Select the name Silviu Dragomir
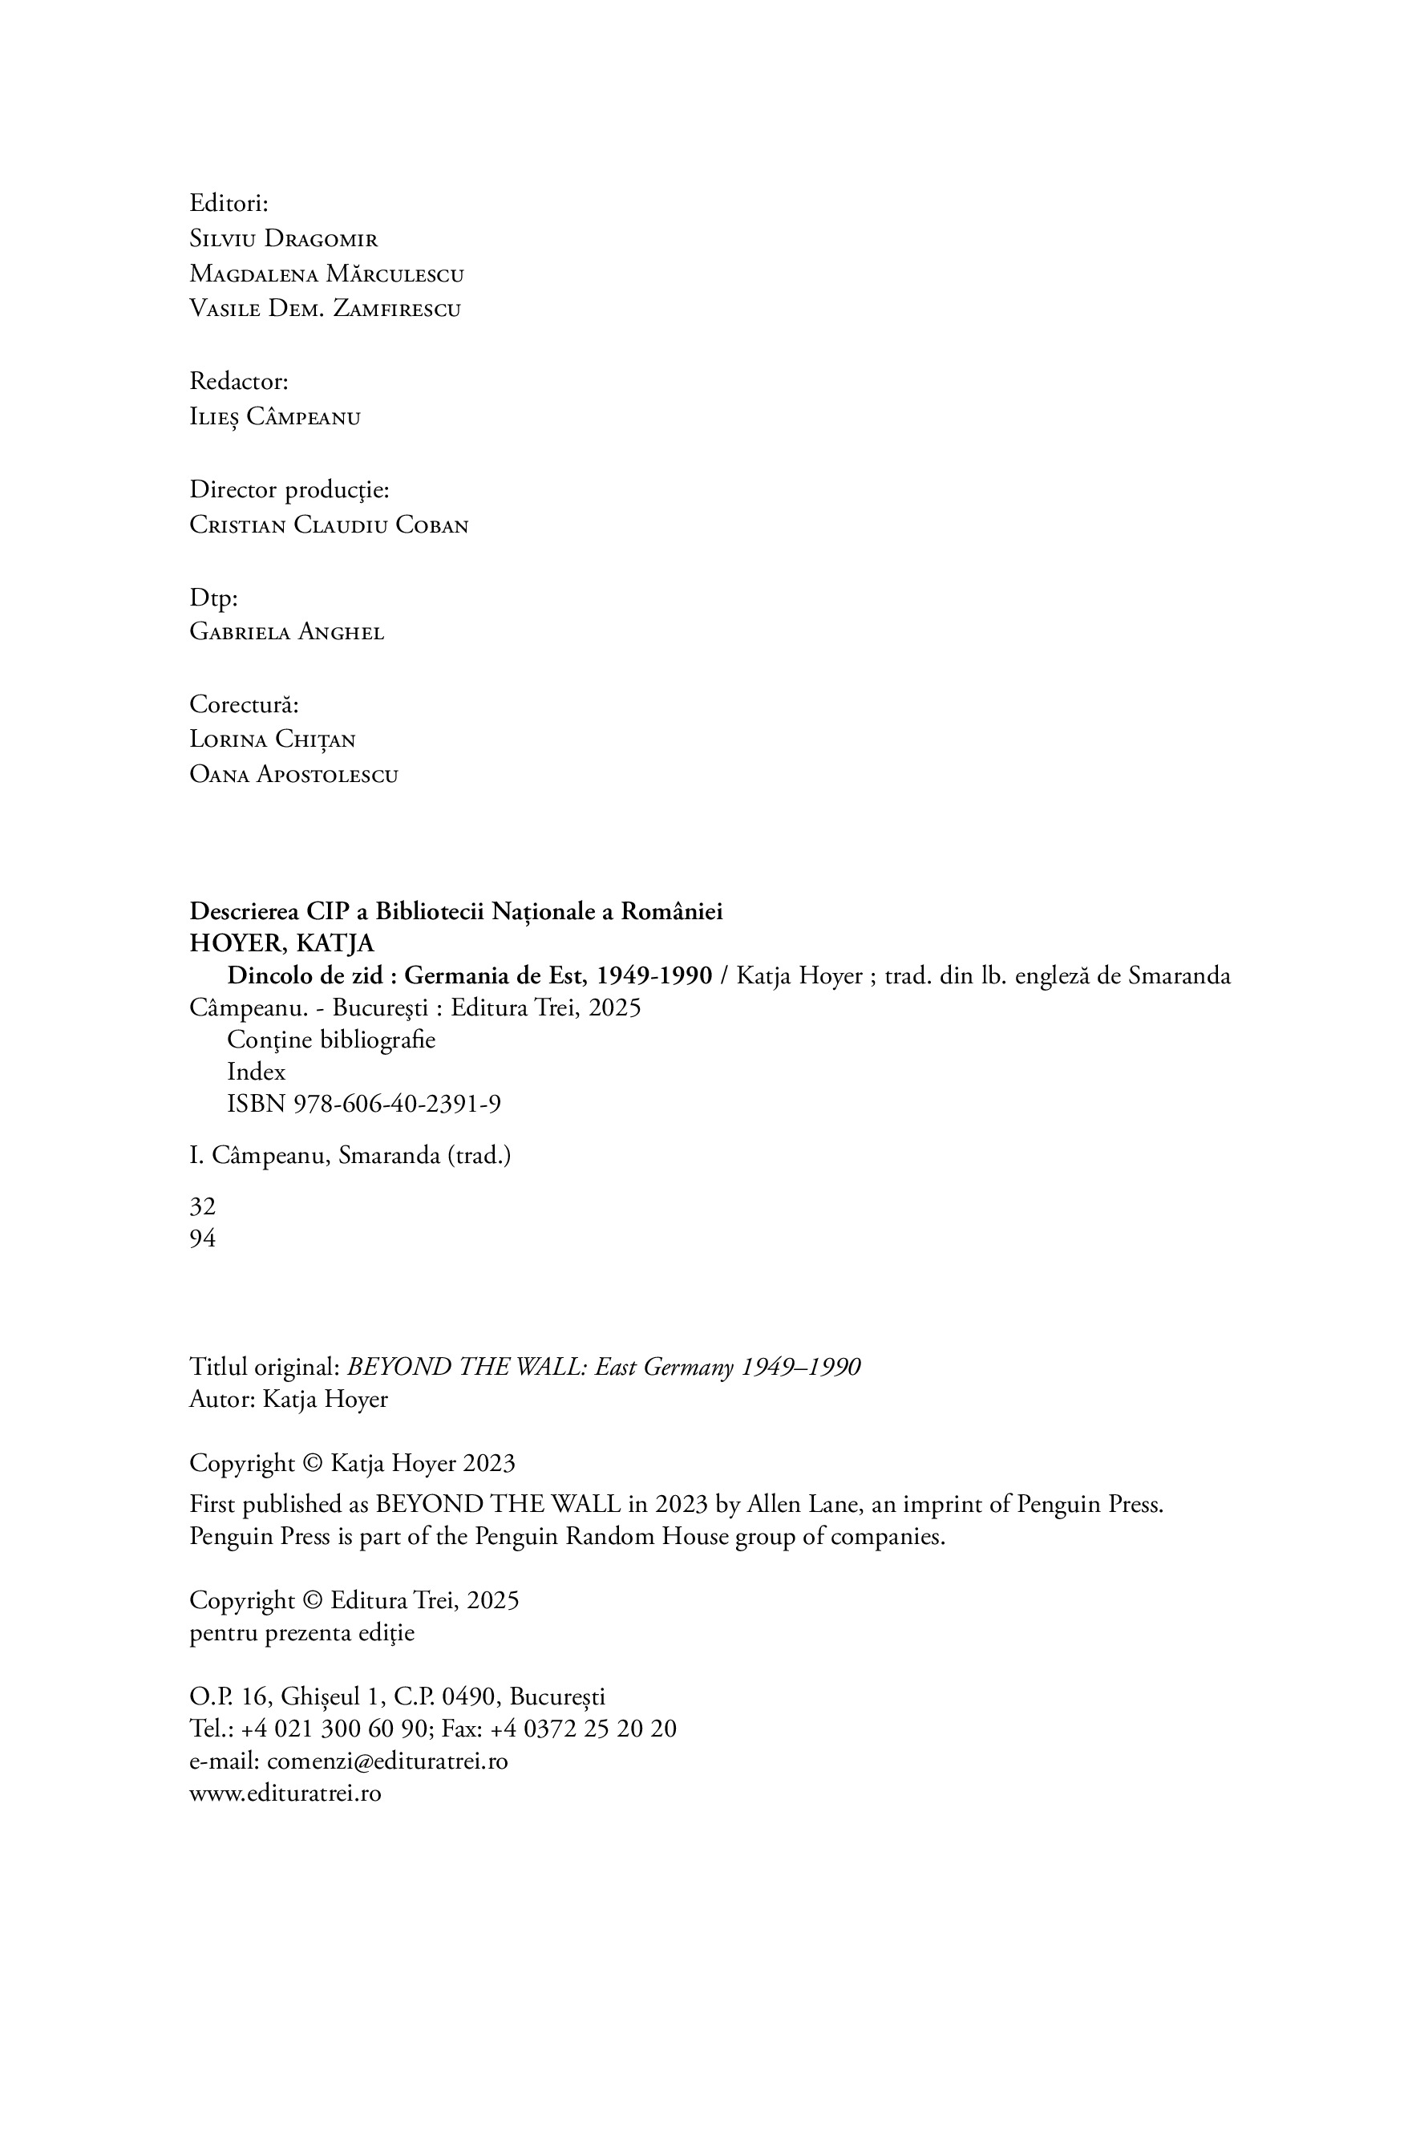pos(284,239)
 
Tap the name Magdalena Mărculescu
pos(326,274)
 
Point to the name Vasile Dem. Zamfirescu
pos(324,309)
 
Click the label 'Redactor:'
pos(238,381)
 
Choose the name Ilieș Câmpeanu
pos(274,418)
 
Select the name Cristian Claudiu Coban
pos(329,525)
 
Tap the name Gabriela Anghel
pos(286,632)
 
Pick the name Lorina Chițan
pos(272,740)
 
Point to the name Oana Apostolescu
pos(293,775)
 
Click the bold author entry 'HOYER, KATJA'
pos(281,944)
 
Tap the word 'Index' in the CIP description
pos(257,1072)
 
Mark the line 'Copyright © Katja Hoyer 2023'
pos(351,1463)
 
